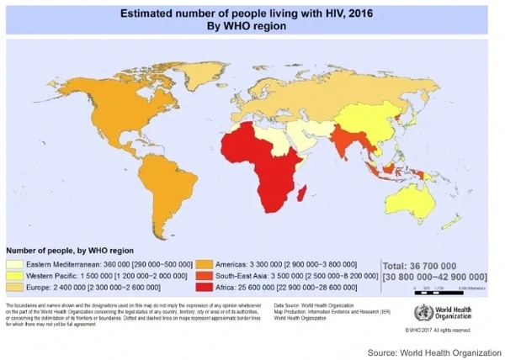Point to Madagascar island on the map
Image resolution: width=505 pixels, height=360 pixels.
tap(300, 196)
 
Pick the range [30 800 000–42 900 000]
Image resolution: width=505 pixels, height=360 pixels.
tap(434, 277)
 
